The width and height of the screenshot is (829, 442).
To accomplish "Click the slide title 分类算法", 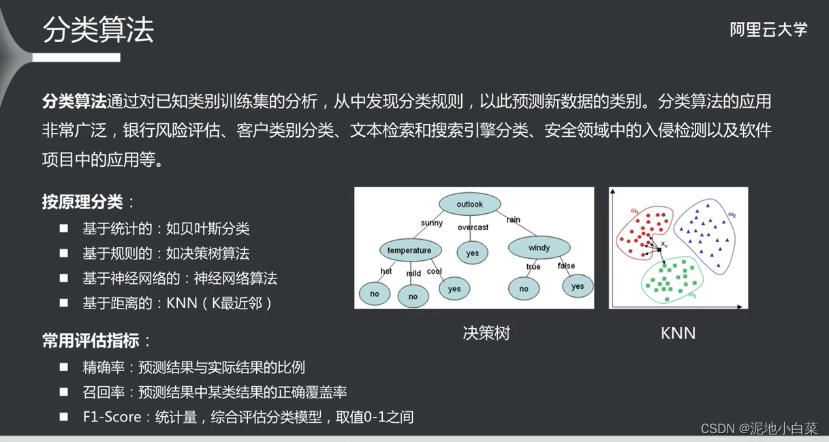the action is pos(99,31).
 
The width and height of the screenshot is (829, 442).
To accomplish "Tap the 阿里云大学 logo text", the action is pos(768,30).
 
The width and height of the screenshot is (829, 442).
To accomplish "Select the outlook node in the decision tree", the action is pos(469,204).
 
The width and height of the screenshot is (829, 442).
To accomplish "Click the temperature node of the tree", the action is pos(409,250).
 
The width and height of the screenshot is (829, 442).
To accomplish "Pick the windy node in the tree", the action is pos(538,248).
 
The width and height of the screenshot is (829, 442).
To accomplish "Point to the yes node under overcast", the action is pos(472,253).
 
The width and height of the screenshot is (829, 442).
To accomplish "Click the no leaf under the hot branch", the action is pos(375,294).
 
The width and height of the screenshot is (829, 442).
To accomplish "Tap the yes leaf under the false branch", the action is pos(578,286).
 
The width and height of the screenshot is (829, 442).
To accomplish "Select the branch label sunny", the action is pos(432,223).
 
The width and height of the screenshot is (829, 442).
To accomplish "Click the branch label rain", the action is pos(513,219).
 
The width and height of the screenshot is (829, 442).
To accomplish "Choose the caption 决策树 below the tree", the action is pos(486,333).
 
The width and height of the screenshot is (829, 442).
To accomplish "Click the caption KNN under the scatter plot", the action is pos(678,333).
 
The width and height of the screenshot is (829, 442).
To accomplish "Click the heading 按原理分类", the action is pos(82,202).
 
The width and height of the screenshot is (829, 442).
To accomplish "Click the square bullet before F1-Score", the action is pos(63,416).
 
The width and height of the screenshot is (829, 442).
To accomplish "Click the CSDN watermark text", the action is pos(758,428).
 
